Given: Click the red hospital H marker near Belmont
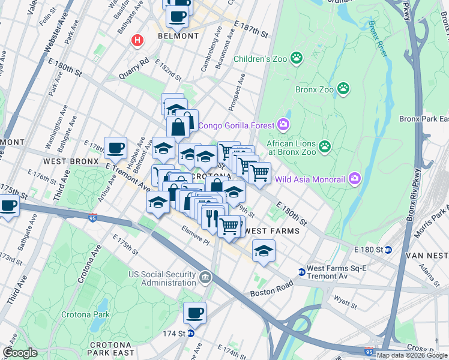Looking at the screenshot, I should click(137, 41).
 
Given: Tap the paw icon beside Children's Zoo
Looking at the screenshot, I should click(296, 58).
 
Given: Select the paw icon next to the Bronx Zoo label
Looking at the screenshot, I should click(343, 89).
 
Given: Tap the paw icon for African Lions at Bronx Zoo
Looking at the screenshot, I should click(325, 146).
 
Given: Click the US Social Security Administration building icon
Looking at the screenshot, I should click(205, 278).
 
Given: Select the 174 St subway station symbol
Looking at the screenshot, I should click(191, 333).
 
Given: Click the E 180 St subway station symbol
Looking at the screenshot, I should click(388, 250).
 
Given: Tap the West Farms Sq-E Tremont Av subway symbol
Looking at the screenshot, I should click(301, 272).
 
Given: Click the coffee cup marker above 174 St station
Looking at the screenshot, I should click(194, 313).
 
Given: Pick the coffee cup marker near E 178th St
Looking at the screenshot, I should click(115, 148).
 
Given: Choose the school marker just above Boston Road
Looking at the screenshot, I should click(264, 251).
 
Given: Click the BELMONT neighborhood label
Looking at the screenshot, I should click(178, 36).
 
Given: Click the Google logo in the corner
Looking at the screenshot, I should click(20, 353).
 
